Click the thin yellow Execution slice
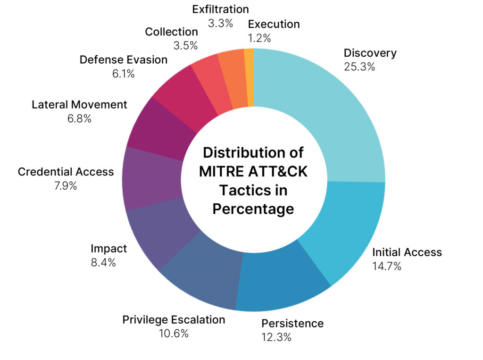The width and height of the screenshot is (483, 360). (250, 77)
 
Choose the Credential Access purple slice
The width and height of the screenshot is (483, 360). (152, 179)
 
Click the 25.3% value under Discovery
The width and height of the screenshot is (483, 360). (359, 67)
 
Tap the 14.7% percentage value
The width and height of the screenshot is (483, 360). (387, 266)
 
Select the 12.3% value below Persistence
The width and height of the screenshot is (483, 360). (276, 337)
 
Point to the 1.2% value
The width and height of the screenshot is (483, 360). (259, 38)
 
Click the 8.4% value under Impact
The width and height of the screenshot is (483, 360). (103, 263)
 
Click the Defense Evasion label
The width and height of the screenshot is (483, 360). (124, 60)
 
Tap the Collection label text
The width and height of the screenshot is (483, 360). (172, 32)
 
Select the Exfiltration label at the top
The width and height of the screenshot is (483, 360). (221, 9)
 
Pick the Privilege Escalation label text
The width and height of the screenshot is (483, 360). (174, 320)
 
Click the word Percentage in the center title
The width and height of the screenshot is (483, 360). (253, 209)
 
